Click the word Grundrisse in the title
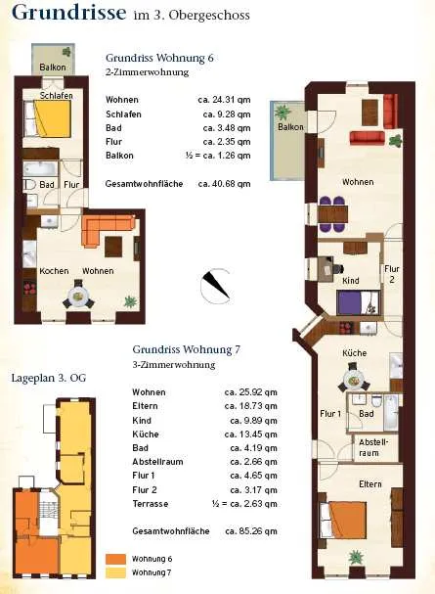pos(69,12)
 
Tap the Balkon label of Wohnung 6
pos(53,68)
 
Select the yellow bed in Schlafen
pos(52,119)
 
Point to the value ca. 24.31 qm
pos(224,100)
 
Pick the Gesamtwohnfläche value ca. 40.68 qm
pos(224,184)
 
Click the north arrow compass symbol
pos(216,285)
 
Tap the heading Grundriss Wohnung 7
pos(186,349)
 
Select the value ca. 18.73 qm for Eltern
pos(250,406)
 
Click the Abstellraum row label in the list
pos(157,462)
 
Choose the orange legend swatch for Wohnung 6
pos(115,559)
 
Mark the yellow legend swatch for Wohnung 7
pos(115,572)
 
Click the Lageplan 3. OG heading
pos(49,378)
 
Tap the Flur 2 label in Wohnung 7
pos(392,274)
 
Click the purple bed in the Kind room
pos(358,302)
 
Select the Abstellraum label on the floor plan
pos(373,447)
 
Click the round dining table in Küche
pos(354,379)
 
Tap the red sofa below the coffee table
pos(367,138)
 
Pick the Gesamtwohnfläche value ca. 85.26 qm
pos(251,531)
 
